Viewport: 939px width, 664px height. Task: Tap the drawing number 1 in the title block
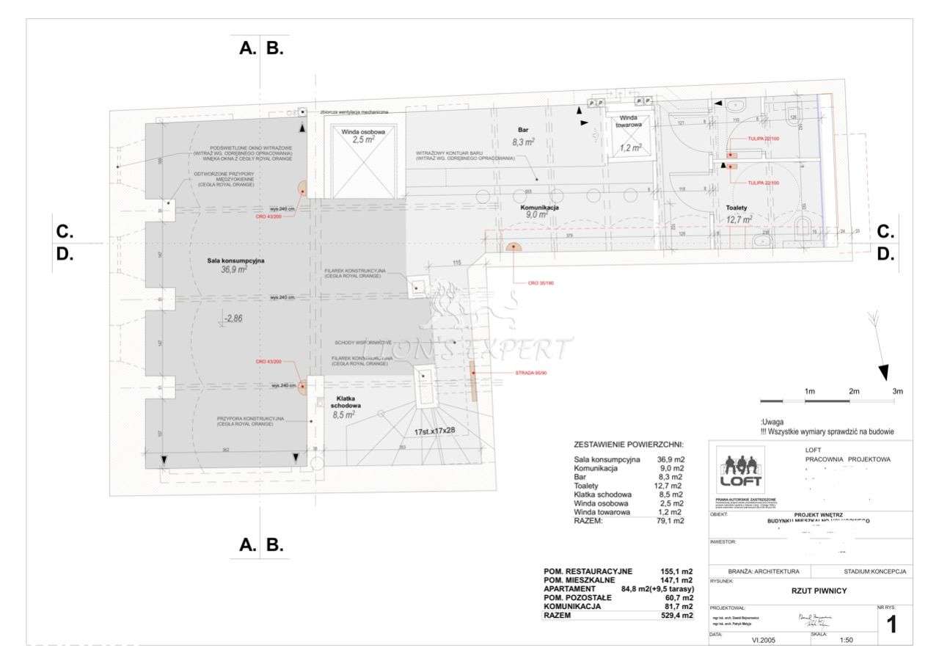tap(892, 624)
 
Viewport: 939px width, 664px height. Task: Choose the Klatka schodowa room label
tap(345, 401)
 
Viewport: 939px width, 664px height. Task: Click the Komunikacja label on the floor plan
tap(540, 208)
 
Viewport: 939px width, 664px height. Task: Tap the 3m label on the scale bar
tap(897, 391)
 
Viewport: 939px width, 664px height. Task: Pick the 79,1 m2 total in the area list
tap(670, 521)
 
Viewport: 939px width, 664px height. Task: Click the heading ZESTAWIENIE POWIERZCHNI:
tap(629, 445)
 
